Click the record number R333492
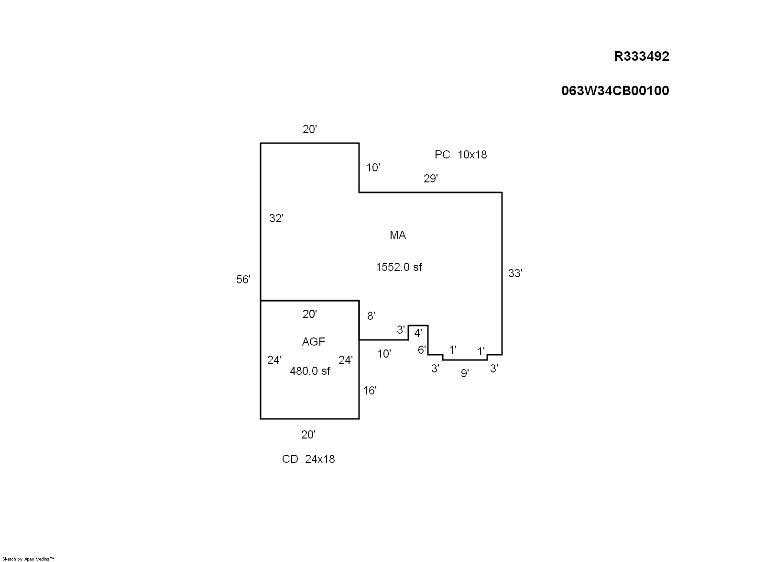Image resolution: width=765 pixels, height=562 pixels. (641, 56)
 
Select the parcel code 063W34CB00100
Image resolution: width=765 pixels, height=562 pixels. (615, 90)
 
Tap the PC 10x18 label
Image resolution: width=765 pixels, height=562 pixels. (461, 155)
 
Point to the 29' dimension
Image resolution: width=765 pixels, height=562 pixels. (431, 179)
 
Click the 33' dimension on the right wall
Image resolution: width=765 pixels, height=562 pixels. (515, 273)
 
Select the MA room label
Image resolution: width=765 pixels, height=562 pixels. (398, 235)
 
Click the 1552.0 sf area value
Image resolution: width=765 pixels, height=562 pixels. (399, 267)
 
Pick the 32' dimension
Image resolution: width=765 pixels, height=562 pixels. (276, 218)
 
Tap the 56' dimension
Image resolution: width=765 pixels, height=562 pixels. (243, 280)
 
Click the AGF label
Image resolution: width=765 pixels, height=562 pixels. (314, 341)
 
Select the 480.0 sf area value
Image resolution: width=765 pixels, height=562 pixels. (310, 371)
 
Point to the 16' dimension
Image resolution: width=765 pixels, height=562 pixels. (370, 391)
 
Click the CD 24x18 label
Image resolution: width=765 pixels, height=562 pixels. (308, 459)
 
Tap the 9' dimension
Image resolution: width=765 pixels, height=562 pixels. (465, 373)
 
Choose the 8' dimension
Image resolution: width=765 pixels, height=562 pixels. (371, 316)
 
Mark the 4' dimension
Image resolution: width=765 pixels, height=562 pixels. (418, 333)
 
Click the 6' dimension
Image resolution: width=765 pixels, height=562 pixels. (422, 350)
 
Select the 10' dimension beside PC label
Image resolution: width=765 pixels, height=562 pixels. (373, 168)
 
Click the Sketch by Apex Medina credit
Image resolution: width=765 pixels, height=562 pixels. (28, 559)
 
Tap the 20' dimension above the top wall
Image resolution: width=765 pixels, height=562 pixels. (310, 129)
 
